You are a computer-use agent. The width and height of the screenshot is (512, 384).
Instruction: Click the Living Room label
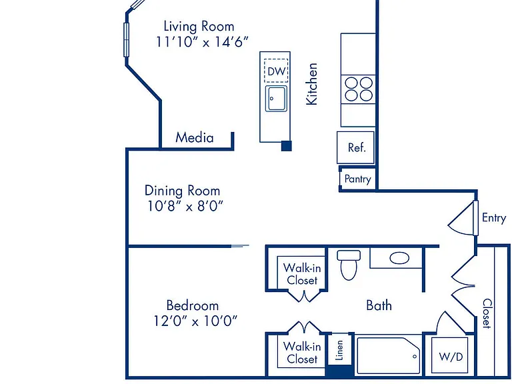(x=199, y=26)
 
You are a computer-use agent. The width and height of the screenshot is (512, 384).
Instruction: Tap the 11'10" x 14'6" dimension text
(x=202, y=42)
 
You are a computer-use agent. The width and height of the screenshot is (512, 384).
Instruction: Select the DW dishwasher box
(x=276, y=71)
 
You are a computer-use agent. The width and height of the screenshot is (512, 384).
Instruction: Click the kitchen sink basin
(x=276, y=99)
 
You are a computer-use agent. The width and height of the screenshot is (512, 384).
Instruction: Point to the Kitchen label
(x=311, y=84)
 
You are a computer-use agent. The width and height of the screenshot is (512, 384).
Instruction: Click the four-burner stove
(x=359, y=89)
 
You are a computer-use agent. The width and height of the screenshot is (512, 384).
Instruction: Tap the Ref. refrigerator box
(x=355, y=147)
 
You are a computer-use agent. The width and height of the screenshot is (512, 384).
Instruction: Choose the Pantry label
(x=358, y=179)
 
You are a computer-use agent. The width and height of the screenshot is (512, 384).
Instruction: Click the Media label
(x=195, y=137)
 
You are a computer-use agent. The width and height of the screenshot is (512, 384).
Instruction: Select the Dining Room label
(x=182, y=191)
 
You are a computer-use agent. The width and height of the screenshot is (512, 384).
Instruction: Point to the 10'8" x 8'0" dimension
(x=185, y=206)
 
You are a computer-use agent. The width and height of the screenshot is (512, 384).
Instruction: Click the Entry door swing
(x=461, y=218)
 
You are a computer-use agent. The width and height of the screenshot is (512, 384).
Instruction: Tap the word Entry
(x=494, y=218)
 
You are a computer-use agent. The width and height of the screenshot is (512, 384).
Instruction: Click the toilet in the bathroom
(x=349, y=265)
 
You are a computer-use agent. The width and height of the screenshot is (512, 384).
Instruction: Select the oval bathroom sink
(x=399, y=258)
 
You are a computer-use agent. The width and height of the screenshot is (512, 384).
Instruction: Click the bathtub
(x=389, y=355)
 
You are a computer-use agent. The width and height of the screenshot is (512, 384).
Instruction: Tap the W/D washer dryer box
(x=451, y=355)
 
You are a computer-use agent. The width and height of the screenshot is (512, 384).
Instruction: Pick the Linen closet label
(x=339, y=351)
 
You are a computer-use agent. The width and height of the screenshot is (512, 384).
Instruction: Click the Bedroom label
(x=192, y=305)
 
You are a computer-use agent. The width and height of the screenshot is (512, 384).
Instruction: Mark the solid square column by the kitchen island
(x=287, y=145)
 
